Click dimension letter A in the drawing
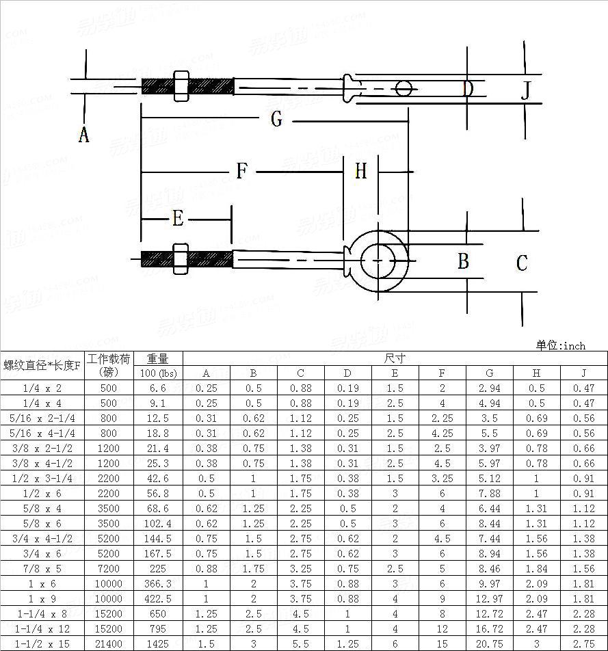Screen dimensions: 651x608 83,135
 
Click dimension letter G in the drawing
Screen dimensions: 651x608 276,120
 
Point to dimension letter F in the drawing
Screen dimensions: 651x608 241,171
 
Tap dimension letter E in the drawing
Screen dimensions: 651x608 178,219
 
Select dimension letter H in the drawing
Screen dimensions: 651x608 360,171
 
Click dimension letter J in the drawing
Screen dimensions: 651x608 525,90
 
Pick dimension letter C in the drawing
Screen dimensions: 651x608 522,263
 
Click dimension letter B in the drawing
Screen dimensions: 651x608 463,262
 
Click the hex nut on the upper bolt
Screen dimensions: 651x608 181,86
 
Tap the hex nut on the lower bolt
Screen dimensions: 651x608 181,259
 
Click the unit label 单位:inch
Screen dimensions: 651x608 560,345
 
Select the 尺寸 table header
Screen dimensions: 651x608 395,358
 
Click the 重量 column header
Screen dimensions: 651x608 158,358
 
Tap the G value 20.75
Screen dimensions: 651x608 489,643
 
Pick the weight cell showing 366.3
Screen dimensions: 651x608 158,583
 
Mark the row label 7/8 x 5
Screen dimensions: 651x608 42,568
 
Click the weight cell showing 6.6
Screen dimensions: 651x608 158,388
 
